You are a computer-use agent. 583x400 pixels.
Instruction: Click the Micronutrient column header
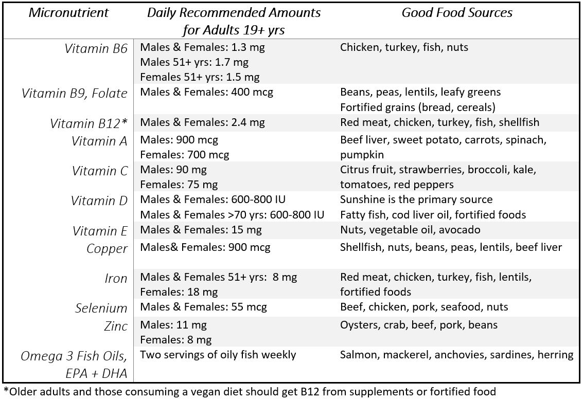pyautogui.click(x=68, y=13)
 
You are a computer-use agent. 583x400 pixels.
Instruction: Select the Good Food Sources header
pyautogui.click(x=456, y=13)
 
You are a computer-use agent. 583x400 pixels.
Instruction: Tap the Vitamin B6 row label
pyautogui.click(x=96, y=49)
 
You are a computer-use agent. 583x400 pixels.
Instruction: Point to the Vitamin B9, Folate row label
pyautogui.click(x=74, y=94)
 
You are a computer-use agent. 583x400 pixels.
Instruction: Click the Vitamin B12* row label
pyautogui.click(x=89, y=124)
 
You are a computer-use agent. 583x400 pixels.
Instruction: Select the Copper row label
pyautogui.click(x=107, y=249)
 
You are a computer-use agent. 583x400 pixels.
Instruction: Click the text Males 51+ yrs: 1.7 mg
pyautogui.click(x=194, y=63)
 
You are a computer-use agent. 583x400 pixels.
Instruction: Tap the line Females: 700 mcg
pyautogui.click(x=184, y=154)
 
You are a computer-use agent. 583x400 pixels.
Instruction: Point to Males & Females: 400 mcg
pyautogui.click(x=206, y=93)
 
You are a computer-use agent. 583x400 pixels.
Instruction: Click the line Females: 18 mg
pyautogui.click(x=179, y=292)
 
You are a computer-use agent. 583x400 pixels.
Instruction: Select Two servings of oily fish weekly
pyautogui.click(x=218, y=355)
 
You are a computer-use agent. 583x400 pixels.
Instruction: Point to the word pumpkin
pyautogui.click(x=362, y=154)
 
